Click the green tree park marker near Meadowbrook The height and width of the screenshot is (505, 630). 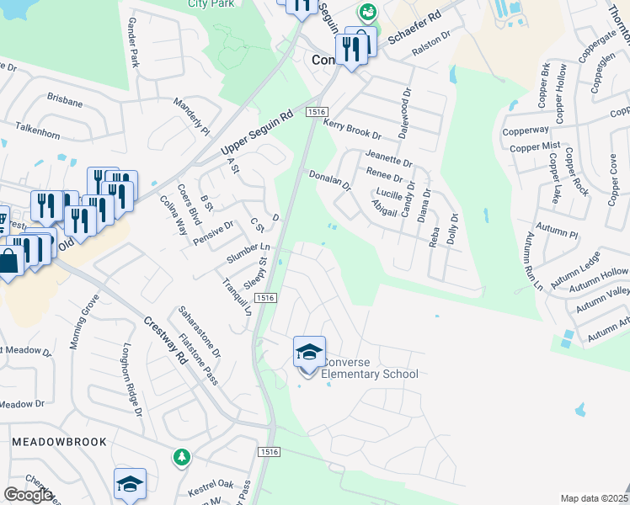tap(180, 458)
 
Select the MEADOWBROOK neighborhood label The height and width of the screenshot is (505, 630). tap(59, 441)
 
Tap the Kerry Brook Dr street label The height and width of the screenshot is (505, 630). tap(352, 129)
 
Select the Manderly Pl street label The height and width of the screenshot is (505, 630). tap(191, 116)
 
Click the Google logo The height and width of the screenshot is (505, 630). tap(28, 495)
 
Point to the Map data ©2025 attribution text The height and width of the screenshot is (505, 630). tap(594, 498)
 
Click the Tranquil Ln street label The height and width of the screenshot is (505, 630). tap(242, 295)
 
